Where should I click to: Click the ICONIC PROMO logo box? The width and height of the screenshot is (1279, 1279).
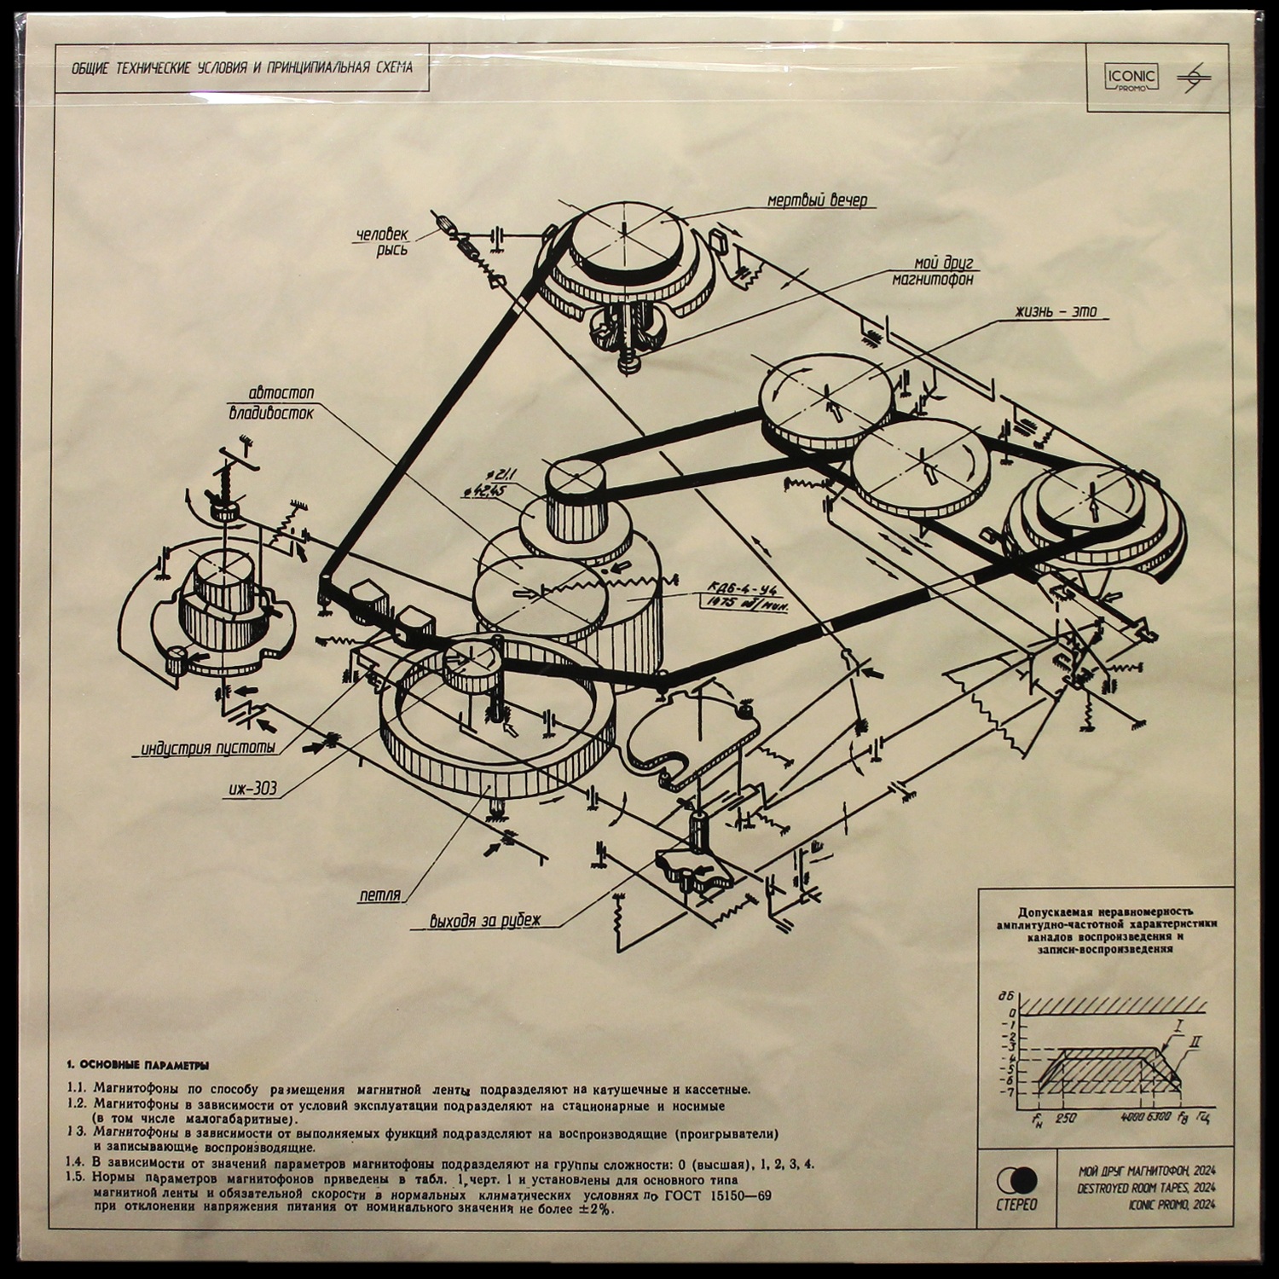tap(1133, 79)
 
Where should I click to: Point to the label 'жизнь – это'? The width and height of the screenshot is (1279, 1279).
tap(1042, 314)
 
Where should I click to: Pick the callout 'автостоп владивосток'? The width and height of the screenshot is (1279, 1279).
tap(270, 402)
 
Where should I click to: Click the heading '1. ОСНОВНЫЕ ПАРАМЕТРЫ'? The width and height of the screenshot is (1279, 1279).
tap(136, 1066)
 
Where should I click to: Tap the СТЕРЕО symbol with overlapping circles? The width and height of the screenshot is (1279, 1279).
tap(1016, 1180)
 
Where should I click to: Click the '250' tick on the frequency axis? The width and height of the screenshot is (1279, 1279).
tap(1066, 1118)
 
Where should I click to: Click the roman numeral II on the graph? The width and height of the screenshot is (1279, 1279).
tap(1198, 1042)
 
